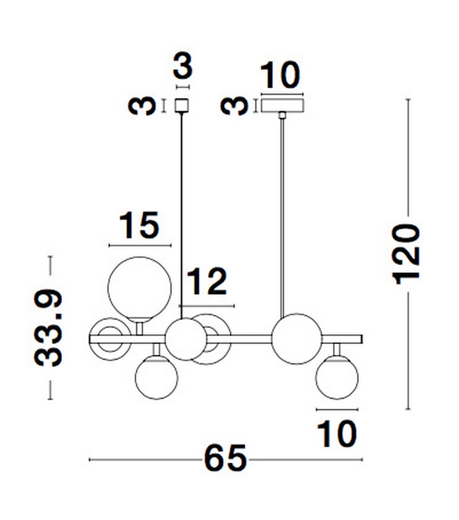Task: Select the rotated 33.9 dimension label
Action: pos(48,328)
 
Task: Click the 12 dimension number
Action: pos(207,283)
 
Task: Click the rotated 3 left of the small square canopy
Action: pos(143,106)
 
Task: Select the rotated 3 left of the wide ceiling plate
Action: pos(234,106)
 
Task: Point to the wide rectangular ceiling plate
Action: pos(282,105)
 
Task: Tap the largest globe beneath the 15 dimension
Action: pos(139,289)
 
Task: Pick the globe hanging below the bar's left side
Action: pos(156,376)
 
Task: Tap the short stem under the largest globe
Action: pos(139,328)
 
